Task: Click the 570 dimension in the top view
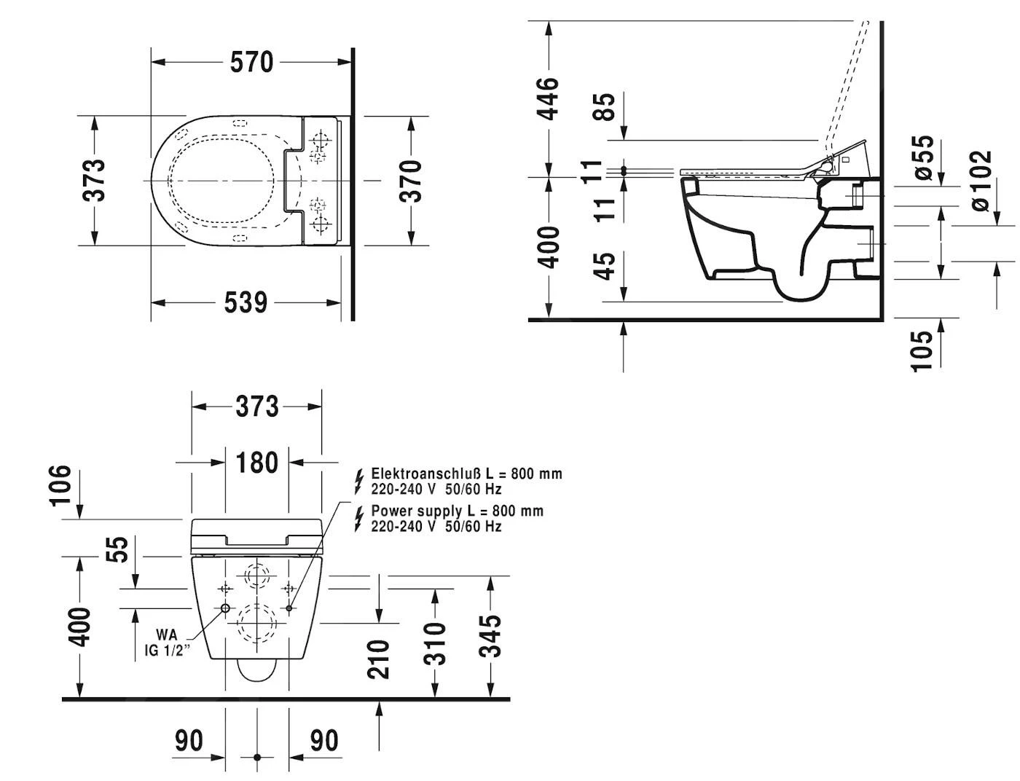[x=252, y=63]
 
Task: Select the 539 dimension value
[x=246, y=302]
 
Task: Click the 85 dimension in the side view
[x=604, y=106]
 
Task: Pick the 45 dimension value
[x=604, y=265]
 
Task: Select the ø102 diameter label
[x=982, y=181]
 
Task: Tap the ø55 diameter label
[x=922, y=157]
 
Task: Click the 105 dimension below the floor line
[x=922, y=350]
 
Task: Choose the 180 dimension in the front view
[x=256, y=463]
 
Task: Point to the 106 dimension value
[x=60, y=484]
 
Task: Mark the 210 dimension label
[x=379, y=659]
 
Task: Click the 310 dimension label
[x=435, y=643]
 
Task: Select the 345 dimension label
[x=493, y=635]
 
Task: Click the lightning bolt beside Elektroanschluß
[x=358, y=480]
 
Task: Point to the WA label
[x=167, y=635]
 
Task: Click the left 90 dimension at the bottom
[x=189, y=741]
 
